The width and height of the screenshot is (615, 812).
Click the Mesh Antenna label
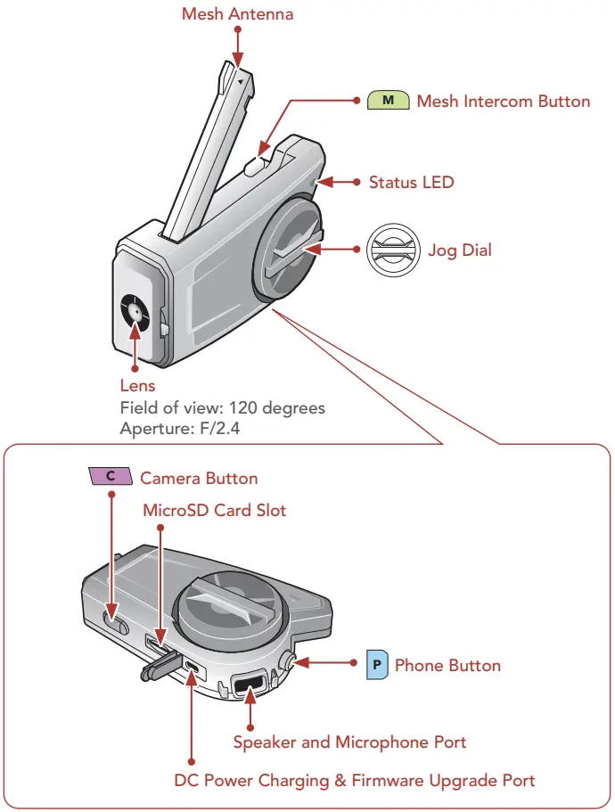coord(237,14)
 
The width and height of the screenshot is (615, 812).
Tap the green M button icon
coord(388,101)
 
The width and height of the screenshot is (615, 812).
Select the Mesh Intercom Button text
coord(503,101)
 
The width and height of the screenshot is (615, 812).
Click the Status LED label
coord(411,182)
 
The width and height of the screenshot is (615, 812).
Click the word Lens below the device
coord(137,386)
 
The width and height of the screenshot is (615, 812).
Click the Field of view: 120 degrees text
coord(222,407)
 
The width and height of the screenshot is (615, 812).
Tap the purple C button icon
coord(110,477)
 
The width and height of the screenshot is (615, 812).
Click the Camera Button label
coord(199,478)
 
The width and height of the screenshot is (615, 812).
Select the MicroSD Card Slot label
coord(215,511)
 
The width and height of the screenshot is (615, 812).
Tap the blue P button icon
coord(378,665)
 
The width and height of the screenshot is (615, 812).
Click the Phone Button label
coord(447,665)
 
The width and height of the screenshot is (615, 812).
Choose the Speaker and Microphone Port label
coord(349,742)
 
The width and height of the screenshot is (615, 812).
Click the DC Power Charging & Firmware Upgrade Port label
coord(354,781)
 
